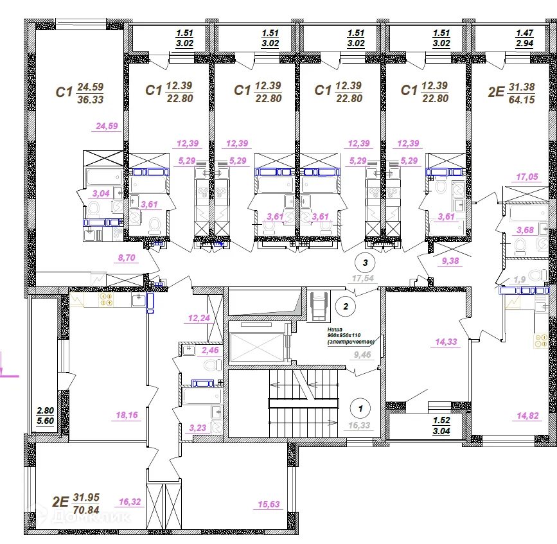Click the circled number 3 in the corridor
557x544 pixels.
click(x=366, y=262)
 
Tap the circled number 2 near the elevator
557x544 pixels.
click(x=346, y=306)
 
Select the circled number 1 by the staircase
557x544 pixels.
click(x=360, y=407)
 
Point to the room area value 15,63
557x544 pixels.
click(x=269, y=505)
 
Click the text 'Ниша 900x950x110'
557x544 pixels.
click(x=350, y=335)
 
